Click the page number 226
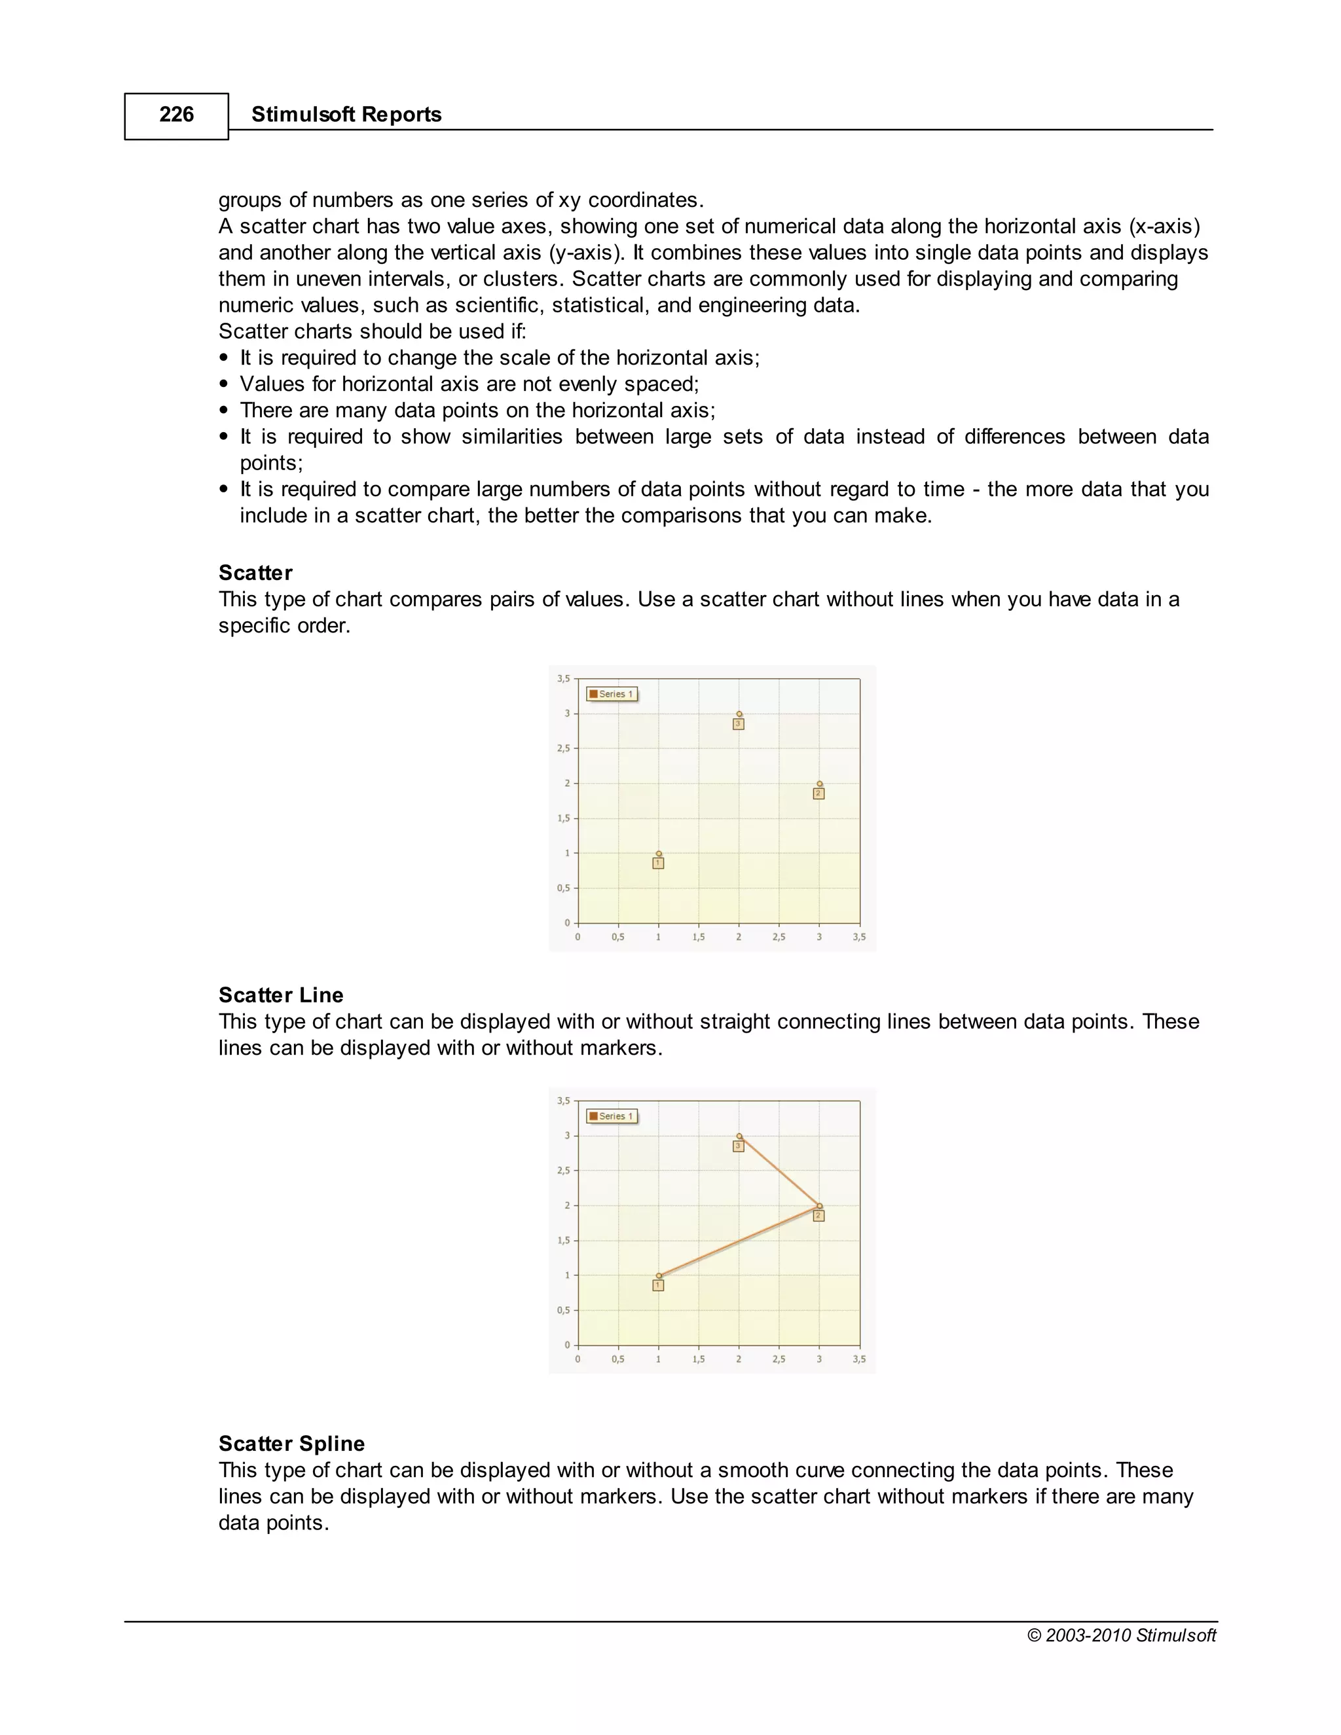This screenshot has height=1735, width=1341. (176, 115)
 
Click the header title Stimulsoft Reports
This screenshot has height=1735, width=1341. (346, 115)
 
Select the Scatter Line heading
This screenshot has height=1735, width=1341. (280, 995)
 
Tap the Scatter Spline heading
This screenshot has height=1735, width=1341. (291, 1444)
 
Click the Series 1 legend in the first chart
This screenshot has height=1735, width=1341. (612, 694)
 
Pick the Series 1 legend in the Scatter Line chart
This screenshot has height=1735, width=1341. (612, 1116)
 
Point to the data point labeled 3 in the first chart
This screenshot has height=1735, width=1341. (739, 715)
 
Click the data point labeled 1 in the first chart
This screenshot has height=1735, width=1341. (659, 854)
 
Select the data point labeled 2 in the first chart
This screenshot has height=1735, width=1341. (820, 785)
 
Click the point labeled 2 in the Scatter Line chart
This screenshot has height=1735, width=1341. (820, 1207)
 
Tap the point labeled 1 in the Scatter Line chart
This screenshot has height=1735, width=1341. (659, 1276)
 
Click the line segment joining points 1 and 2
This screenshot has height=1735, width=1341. (739, 1241)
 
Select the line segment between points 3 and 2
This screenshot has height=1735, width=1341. (779, 1172)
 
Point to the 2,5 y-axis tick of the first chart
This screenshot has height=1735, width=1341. (562, 748)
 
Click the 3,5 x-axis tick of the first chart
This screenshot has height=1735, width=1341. (859, 938)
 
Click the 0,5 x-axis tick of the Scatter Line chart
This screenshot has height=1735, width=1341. (618, 1359)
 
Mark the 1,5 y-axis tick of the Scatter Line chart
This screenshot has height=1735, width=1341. (562, 1240)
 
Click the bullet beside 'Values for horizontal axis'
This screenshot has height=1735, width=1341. (224, 384)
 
